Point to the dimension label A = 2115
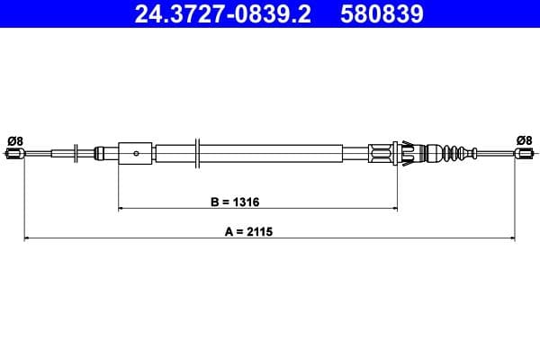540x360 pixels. pos(248,231)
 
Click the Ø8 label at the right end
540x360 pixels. pos(524,139)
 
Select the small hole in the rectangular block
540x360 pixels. pos(136,153)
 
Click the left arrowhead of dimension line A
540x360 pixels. pos(26,238)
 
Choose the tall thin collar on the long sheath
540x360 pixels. pos(198,152)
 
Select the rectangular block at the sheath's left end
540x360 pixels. pos(136,152)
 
